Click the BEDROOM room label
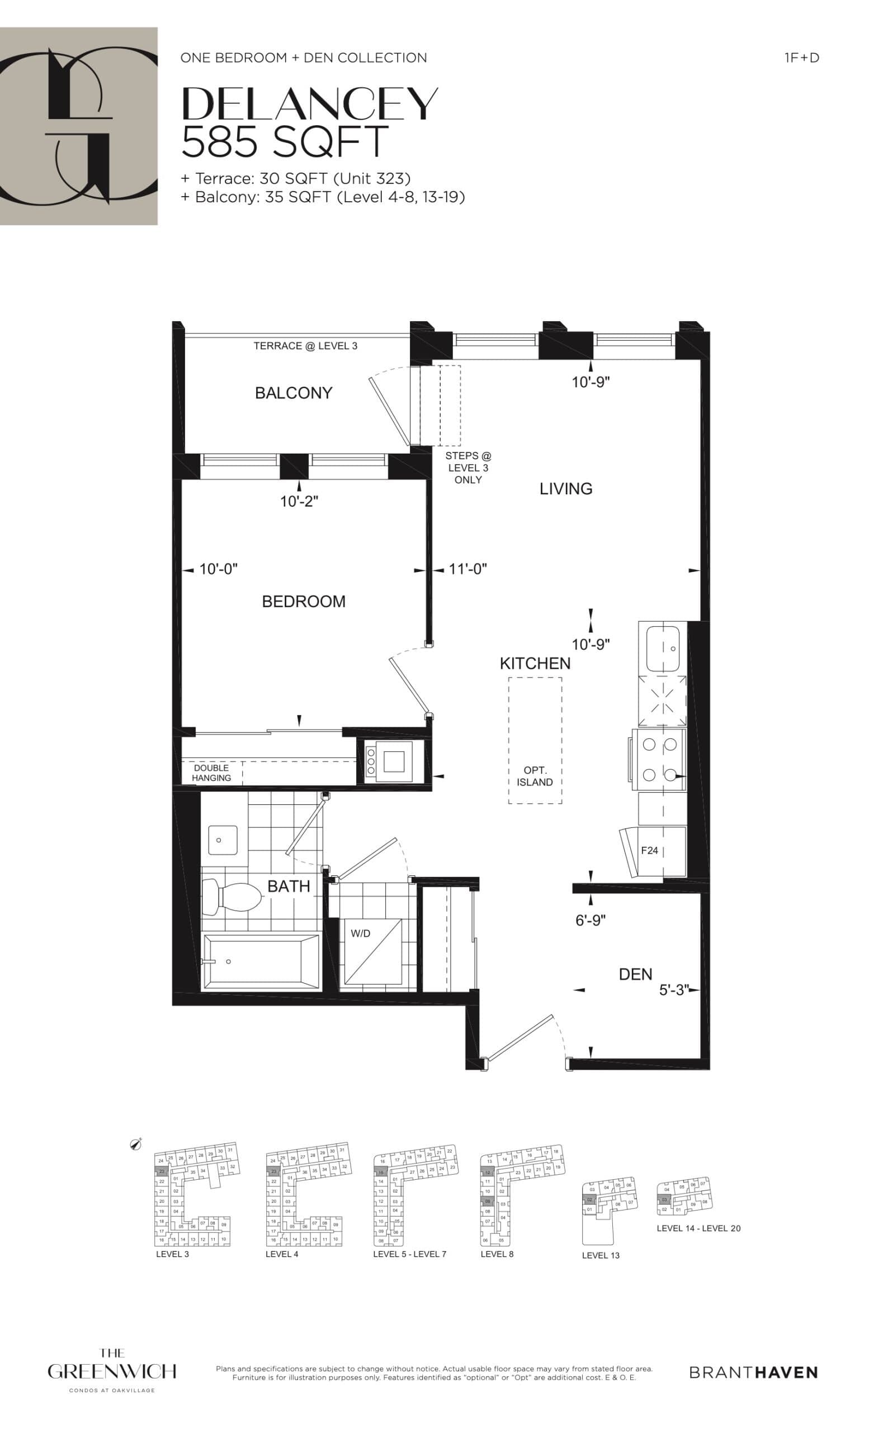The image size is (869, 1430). point(303,601)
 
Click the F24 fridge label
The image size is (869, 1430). point(649,850)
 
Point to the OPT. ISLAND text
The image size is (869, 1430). point(535,776)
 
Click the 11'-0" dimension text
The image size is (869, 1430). point(467,569)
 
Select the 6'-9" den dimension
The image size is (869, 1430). point(591,921)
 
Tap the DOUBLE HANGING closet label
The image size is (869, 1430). point(211,773)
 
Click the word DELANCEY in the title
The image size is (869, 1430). point(310,104)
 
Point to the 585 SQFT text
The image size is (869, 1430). point(285,141)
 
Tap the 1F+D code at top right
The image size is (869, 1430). point(801,58)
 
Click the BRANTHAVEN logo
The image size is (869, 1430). point(753,1372)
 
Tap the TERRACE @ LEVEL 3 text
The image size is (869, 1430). point(305,346)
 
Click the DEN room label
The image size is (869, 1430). point(635,974)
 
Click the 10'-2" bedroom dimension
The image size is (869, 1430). point(299,502)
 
